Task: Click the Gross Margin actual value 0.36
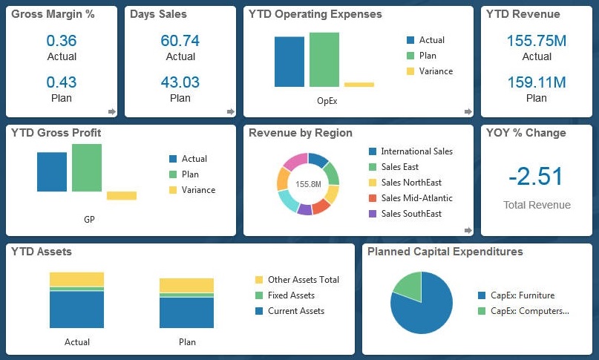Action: click(x=62, y=40)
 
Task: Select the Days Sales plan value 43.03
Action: click(x=180, y=82)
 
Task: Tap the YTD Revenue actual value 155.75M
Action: click(x=537, y=40)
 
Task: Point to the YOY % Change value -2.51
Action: click(x=536, y=177)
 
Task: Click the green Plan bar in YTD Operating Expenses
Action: click(x=324, y=60)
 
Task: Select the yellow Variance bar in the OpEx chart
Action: click(x=359, y=85)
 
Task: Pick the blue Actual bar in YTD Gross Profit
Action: click(x=52, y=171)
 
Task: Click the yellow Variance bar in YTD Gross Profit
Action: click(x=122, y=195)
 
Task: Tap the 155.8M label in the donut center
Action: click(x=308, y=183)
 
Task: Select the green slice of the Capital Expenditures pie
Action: click(x=409, y=284)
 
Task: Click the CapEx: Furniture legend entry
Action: click(x=522, y=295)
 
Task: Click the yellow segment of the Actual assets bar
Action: click(x=77, y=278)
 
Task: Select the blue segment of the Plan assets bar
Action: click(x=187, y=312)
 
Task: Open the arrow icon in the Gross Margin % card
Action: click(x=112, y=111)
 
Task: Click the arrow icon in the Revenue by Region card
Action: click(x=468, y=230)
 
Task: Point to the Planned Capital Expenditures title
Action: click(x=445, y=252)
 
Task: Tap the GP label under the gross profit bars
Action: click(x=89, y=220)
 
